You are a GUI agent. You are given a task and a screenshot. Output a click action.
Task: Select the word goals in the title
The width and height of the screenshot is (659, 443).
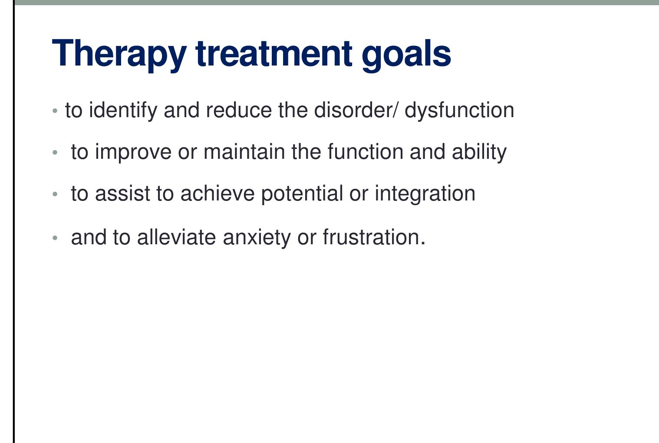406,54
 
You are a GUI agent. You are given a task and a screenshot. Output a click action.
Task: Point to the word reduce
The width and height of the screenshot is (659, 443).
239,110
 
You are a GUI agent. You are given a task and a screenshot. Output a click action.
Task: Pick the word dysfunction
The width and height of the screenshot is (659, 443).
459,110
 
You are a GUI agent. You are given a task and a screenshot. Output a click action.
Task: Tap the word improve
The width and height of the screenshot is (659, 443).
133,152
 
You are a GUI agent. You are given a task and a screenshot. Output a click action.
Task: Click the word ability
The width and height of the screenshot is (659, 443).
479,152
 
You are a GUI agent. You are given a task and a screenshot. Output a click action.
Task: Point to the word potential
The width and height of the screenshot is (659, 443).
302,194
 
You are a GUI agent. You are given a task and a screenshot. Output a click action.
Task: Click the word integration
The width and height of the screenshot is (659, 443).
425,194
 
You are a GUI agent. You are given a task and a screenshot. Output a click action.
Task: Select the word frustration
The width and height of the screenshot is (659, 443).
373,237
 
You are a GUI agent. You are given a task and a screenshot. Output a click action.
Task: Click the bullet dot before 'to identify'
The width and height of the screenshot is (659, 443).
55,111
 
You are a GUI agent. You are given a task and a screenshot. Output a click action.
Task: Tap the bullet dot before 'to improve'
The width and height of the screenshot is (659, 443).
55,153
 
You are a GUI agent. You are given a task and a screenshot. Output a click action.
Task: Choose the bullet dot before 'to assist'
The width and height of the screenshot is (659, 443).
55,194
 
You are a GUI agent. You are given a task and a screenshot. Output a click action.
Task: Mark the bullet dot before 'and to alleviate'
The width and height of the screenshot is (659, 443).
55,238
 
